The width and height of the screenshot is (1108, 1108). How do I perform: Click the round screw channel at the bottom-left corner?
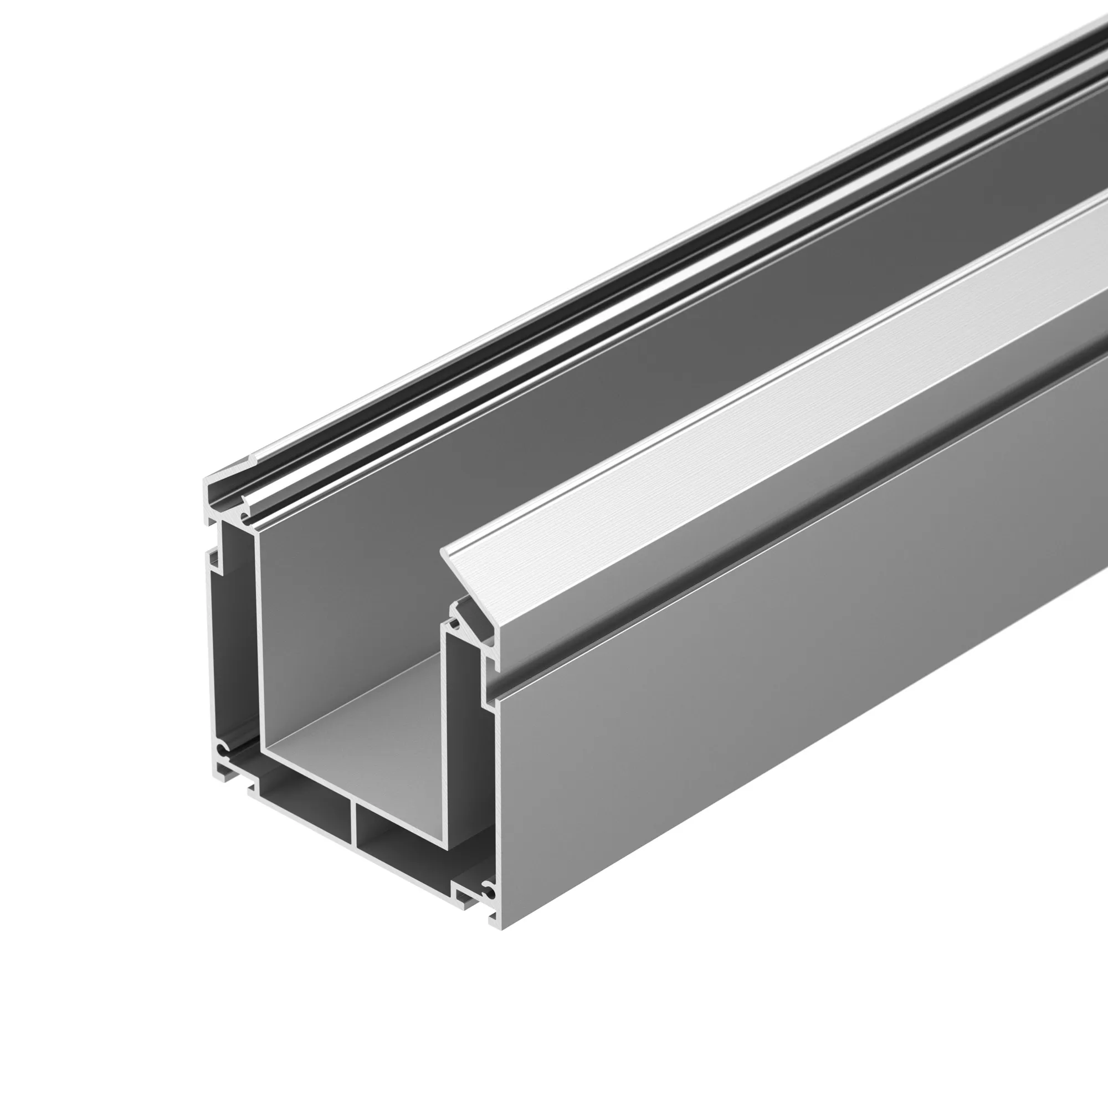pyautogui.click(x=223, y=749)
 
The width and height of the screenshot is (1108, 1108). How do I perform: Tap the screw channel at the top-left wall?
pyautogui.click(x=245, y=519)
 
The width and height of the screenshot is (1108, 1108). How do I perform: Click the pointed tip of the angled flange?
pyautogui.click(x=443, y=552)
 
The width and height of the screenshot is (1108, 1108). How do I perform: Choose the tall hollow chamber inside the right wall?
pyautogui.click(x=461, y=746)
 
